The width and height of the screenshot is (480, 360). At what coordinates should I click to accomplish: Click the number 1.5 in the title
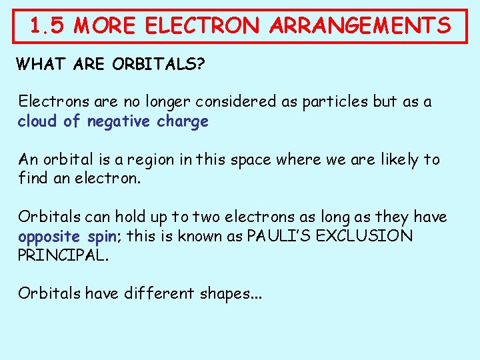[x=48, y=26]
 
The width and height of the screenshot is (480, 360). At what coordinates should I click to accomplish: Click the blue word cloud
[x=39, y=121]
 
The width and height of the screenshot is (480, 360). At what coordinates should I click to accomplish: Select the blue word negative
[x=119, y=122]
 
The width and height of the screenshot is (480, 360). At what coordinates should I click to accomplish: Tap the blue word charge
[x=182, y=122]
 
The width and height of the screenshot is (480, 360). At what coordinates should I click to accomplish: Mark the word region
[x=167, y=161]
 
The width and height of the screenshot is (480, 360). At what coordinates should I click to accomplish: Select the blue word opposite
[x=50, y=237]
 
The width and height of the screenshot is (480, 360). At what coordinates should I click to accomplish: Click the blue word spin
[x=106, y=237]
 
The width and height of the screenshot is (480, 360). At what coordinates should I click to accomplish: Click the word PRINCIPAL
[x=62, y=256]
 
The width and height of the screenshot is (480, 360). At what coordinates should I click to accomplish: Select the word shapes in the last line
[x=228, y=294]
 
